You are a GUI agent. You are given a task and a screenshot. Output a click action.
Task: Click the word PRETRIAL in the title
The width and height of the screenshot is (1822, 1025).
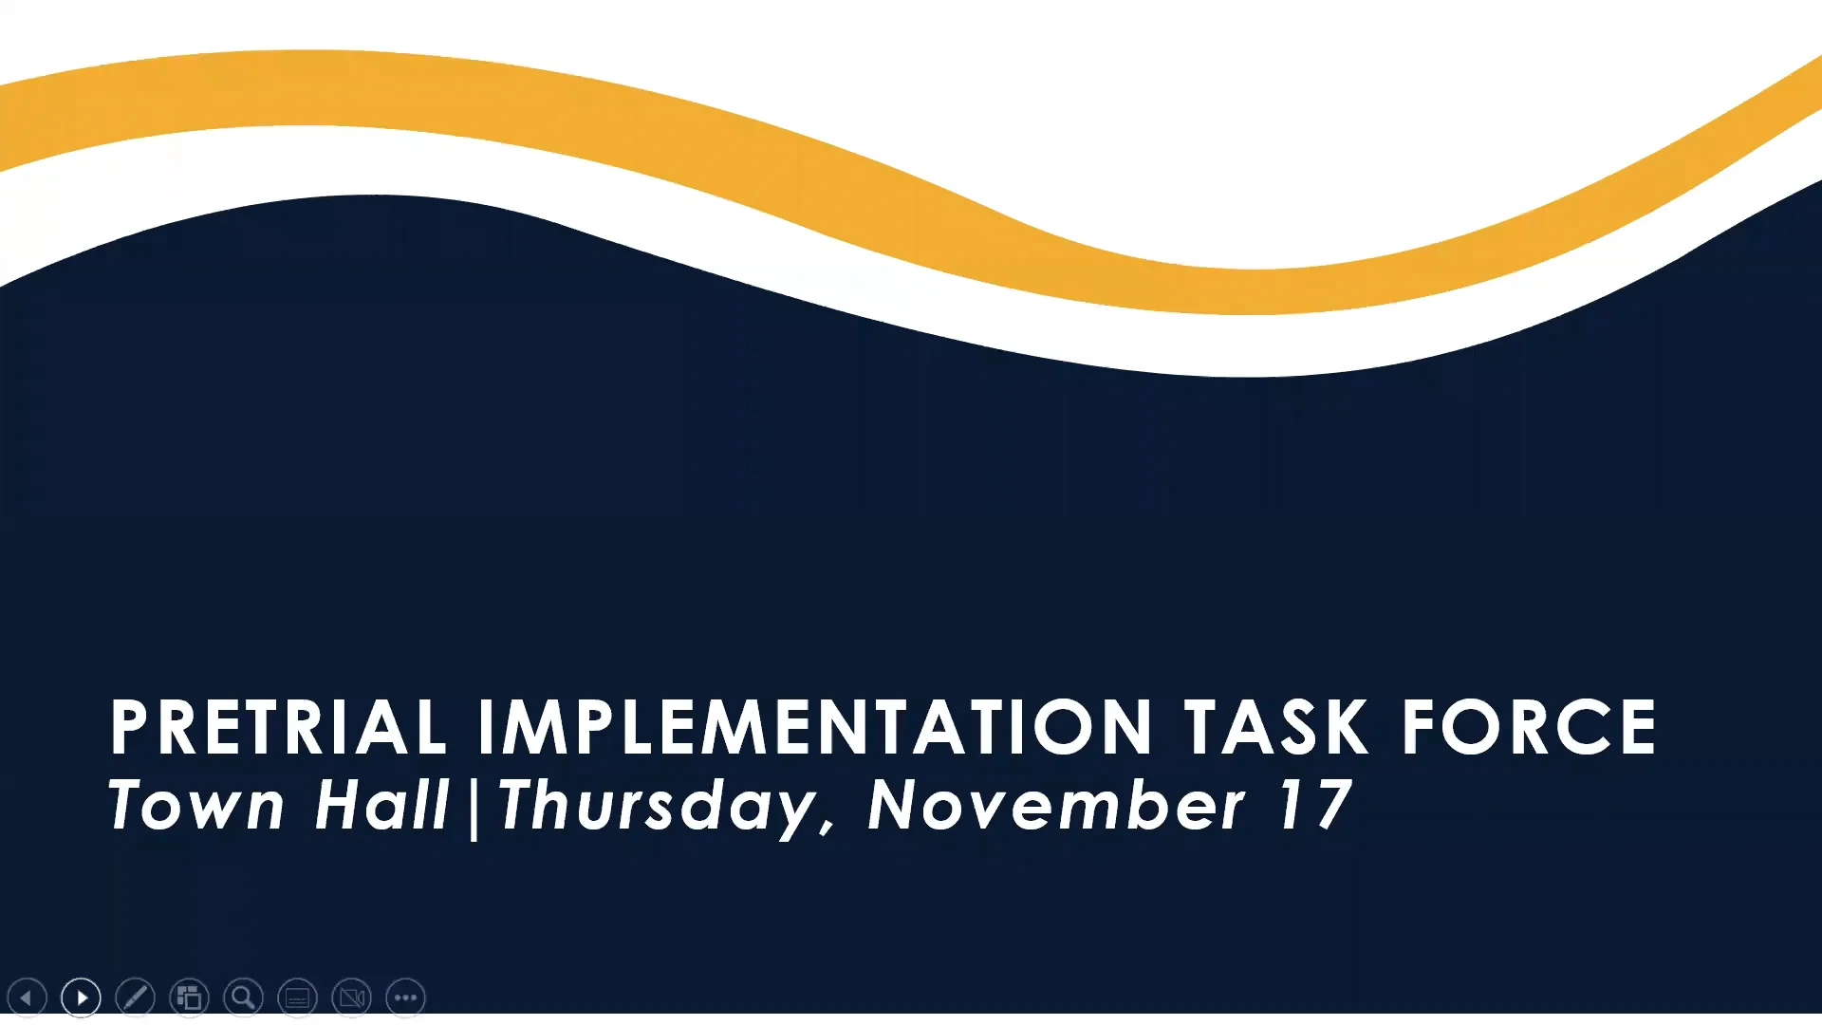coord(278,727)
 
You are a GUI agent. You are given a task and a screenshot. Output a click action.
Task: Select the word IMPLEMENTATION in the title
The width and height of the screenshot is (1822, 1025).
coord(815,727)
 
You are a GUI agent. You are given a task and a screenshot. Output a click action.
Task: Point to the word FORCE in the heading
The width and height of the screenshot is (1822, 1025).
coord(1529,727)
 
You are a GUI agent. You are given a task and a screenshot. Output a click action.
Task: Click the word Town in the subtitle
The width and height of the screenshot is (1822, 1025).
coord(196,805)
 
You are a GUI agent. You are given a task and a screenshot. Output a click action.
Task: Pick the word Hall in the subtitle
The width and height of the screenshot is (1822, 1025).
coord(381,805)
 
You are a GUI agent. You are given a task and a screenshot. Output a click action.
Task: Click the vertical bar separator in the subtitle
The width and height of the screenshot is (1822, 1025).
coord(474,808)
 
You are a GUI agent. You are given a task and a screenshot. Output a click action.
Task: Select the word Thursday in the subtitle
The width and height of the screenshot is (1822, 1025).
coord(657,808)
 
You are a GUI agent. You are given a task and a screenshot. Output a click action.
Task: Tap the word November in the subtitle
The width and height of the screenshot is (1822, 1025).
coord(1056,805)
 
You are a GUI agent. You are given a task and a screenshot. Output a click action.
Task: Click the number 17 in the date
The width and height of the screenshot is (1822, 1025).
coord(1315,805)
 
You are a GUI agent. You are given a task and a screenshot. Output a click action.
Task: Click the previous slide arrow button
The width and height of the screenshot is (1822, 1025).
coord(27,997)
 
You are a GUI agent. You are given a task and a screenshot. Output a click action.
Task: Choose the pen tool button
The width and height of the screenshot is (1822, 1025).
coord(135,997)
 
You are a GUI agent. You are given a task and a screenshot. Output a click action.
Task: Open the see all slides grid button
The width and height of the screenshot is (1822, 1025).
coord(189,997)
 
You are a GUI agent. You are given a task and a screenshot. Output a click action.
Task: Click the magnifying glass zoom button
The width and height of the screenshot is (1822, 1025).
coord(243,997)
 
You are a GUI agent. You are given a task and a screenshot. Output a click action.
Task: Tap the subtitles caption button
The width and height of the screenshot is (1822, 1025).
coord(297,997)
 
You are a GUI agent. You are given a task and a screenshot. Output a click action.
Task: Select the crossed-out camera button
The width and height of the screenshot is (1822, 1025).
coord(351,997)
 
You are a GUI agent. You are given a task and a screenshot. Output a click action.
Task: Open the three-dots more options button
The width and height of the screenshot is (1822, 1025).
coord(405,997)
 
